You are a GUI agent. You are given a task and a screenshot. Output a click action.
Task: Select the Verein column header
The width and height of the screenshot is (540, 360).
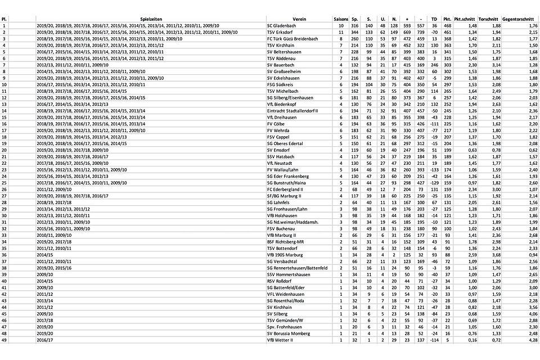tap(299, 19)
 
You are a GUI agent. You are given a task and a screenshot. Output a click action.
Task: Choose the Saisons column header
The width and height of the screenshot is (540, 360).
tap(340, 19)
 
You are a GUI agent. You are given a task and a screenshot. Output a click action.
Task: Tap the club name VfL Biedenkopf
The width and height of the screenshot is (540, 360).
tap(282, 104)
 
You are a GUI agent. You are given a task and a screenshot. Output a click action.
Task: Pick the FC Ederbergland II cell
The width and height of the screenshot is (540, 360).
tap(286, 189)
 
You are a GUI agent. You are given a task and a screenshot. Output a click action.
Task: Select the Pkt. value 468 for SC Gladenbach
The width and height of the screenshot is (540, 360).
tap(448, 26)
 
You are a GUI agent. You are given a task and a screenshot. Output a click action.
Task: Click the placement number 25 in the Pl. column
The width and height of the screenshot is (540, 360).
tap(4, 183)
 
